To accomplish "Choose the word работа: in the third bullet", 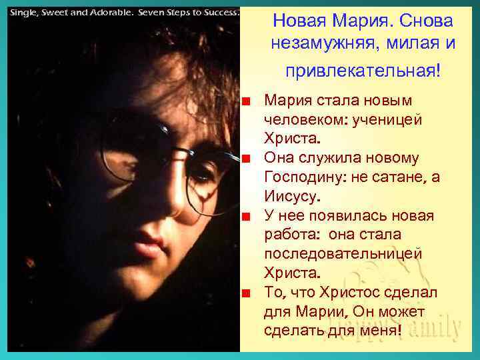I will click(291, 235).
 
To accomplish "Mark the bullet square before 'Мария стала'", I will click(247, 102).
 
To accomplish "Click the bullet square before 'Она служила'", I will click(247, 159).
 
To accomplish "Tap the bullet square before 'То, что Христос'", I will click(247, 293).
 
